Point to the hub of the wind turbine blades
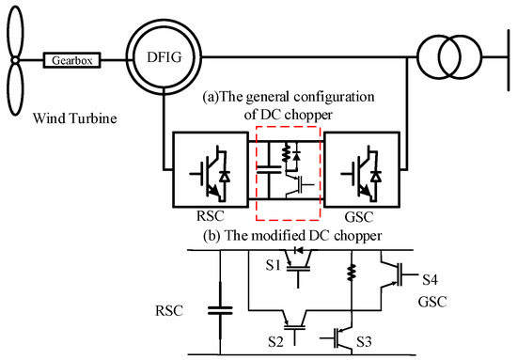point(16,61)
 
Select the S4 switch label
point(430,279)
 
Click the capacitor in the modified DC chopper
point(220,306)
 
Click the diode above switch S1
point(299,251)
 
